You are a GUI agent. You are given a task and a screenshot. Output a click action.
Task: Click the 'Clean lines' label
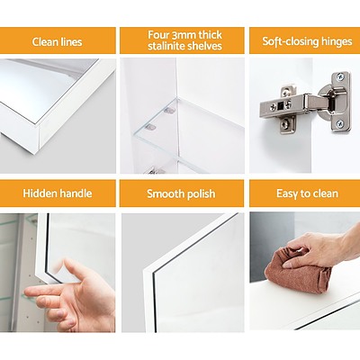click(58, 41)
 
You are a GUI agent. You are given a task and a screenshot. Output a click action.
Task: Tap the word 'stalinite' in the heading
click(160, 47)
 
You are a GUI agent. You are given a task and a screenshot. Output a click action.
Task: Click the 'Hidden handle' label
click(58, 193)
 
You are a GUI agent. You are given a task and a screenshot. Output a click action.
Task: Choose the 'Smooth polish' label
click(181, 193)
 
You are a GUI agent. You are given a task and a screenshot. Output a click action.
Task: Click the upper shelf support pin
click(168, 111)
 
